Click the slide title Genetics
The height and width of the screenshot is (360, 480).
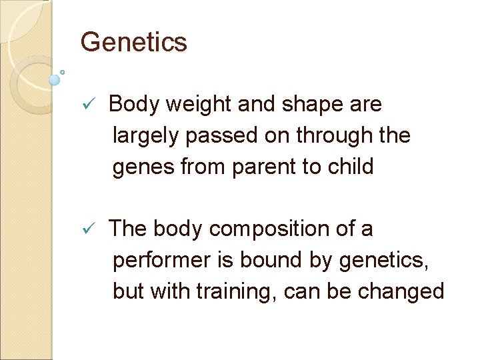(x=134, y=43)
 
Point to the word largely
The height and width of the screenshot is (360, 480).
(x=147, y=135)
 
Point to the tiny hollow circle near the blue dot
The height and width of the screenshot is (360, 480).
(x=63, y=72)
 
